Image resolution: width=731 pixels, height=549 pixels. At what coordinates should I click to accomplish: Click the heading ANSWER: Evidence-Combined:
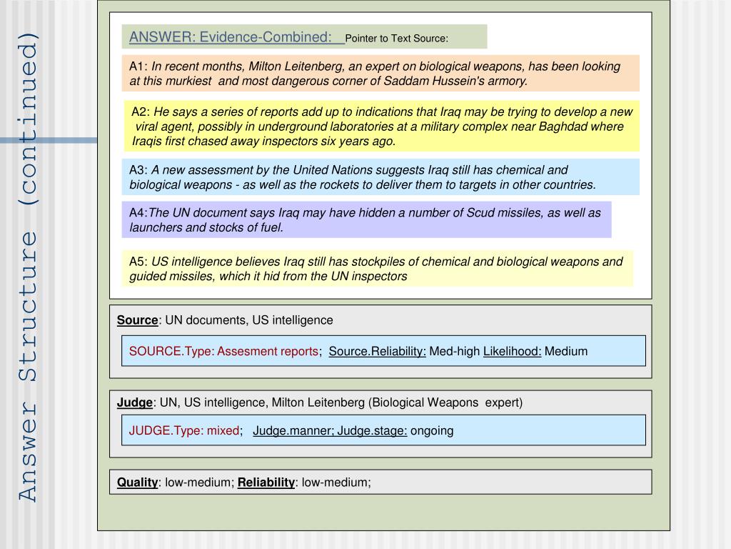click(x=231, y=36)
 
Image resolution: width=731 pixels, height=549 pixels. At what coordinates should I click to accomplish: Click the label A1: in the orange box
click(x=138, y=66)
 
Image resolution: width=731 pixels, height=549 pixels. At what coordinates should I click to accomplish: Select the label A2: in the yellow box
click(x=141, y=112)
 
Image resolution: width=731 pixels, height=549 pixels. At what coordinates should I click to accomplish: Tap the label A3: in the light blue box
click(x=138, y=170)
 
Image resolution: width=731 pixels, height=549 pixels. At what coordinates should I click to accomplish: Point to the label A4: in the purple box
click(x=138, y=213)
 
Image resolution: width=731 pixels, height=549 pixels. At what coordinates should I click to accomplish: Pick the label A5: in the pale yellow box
click(x=138, y=262)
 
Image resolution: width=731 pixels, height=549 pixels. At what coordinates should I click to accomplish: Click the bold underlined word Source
click(x=137, y=320)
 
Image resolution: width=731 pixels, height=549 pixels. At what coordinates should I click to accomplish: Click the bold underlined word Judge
click(x=135, y=402)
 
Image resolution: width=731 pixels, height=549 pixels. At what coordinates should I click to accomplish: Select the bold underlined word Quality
click(x=137, y=483)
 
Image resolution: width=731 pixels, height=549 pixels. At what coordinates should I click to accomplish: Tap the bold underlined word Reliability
click(x=266, y=483)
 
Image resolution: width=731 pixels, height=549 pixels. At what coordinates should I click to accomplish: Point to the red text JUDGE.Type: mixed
click(x=184, y=430)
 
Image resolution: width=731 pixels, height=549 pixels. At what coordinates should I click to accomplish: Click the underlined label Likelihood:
click(x=512, y=351)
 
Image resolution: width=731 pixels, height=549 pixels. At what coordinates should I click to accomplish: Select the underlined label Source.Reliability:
click(x=378, y=351)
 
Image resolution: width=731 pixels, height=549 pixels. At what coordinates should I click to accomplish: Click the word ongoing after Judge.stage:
click(x=432, y=430)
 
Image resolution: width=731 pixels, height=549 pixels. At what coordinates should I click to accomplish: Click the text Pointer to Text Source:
click(x=396, y=38)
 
